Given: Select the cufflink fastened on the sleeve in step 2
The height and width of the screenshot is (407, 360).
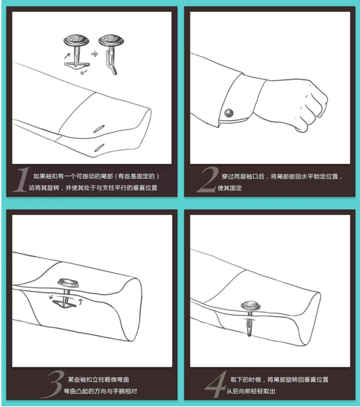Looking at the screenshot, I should point(229,111).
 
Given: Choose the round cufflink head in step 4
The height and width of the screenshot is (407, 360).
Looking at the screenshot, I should point(248,305).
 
